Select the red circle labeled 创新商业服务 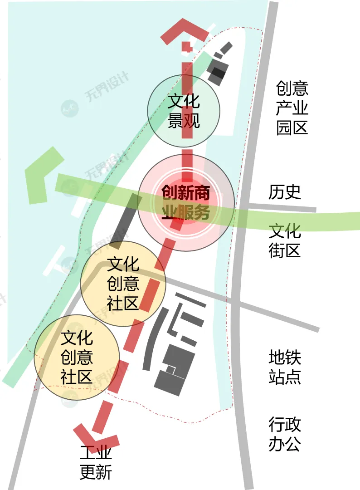click(x=186, y=203)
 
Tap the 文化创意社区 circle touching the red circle click(x=123, y=284)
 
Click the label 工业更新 click(x=96, y=463)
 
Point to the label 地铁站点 click(x=285, y=367)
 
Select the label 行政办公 click(x=285, y=434)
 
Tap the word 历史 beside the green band click(x=285, y=192)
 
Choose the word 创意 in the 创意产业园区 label click(x=292, y=88)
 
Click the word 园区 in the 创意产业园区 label click(x=292, y=127)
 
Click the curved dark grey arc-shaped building click(x=152, y=338)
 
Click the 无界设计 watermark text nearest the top click(x=107, y=86)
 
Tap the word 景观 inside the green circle click(x=184, y=121)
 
